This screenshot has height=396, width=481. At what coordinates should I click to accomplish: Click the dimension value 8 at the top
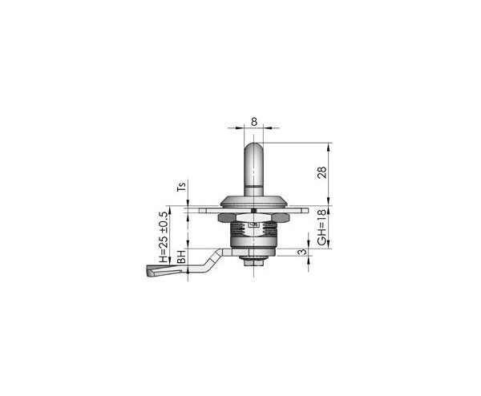pyautogui.click(x=254, y=122)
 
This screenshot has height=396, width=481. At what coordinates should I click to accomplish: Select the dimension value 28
pyautogui.click(x=321, y=172)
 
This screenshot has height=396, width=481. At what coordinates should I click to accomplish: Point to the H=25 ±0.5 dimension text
pyautogui.click(x=164, y=237)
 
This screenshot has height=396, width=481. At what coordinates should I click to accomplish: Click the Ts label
pyautogui.click(x=182, y=187)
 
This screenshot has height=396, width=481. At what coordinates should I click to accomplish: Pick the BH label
pyautogui.click(x=182, y=257)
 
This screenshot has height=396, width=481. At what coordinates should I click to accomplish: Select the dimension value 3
pyautogui.click(x=302, y=252)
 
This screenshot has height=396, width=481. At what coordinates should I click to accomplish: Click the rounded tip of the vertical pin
pyautogui.click(x=253, y=145)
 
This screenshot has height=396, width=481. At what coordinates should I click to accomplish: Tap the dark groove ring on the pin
pyautogui.click(x=253, y=186)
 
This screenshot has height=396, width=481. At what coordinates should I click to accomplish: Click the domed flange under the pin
pyautogui.click(x=253, y=201)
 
